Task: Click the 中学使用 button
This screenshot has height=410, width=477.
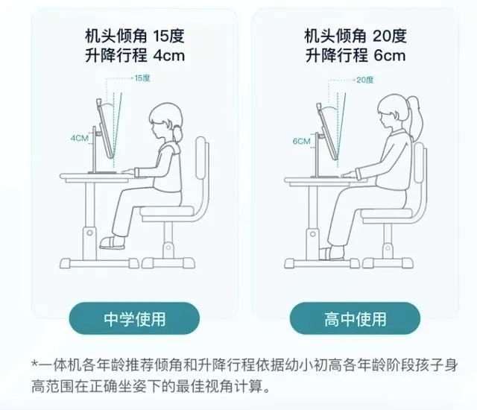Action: coord(134,318)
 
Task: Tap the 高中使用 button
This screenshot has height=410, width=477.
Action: coord(355,318)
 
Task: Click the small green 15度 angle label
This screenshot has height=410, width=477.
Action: coord(142,78)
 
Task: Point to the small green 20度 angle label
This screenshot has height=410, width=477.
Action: coord(364,80)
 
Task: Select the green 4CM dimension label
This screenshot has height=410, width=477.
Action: coord(80,138)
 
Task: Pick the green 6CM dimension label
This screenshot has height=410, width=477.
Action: coord(301,141)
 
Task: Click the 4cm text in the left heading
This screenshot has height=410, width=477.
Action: coord(169,56)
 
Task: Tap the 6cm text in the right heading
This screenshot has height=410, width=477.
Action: coord(390,56)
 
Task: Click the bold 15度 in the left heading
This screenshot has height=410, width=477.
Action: coord(169,36)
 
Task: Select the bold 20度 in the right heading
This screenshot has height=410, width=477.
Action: coord(390,36)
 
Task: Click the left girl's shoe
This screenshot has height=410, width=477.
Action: coord(112,242)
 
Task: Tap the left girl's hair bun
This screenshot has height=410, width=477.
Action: coord(177,133)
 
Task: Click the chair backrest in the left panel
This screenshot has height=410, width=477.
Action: coord(200,157)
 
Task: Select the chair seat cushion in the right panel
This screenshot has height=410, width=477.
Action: coord(386,213)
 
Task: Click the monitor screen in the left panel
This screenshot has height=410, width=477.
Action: coord(106,129)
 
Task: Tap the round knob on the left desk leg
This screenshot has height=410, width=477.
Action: coord(89,233)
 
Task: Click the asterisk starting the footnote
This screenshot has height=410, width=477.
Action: coord(35,364)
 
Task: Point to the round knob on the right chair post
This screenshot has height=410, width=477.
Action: coord(388,248)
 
